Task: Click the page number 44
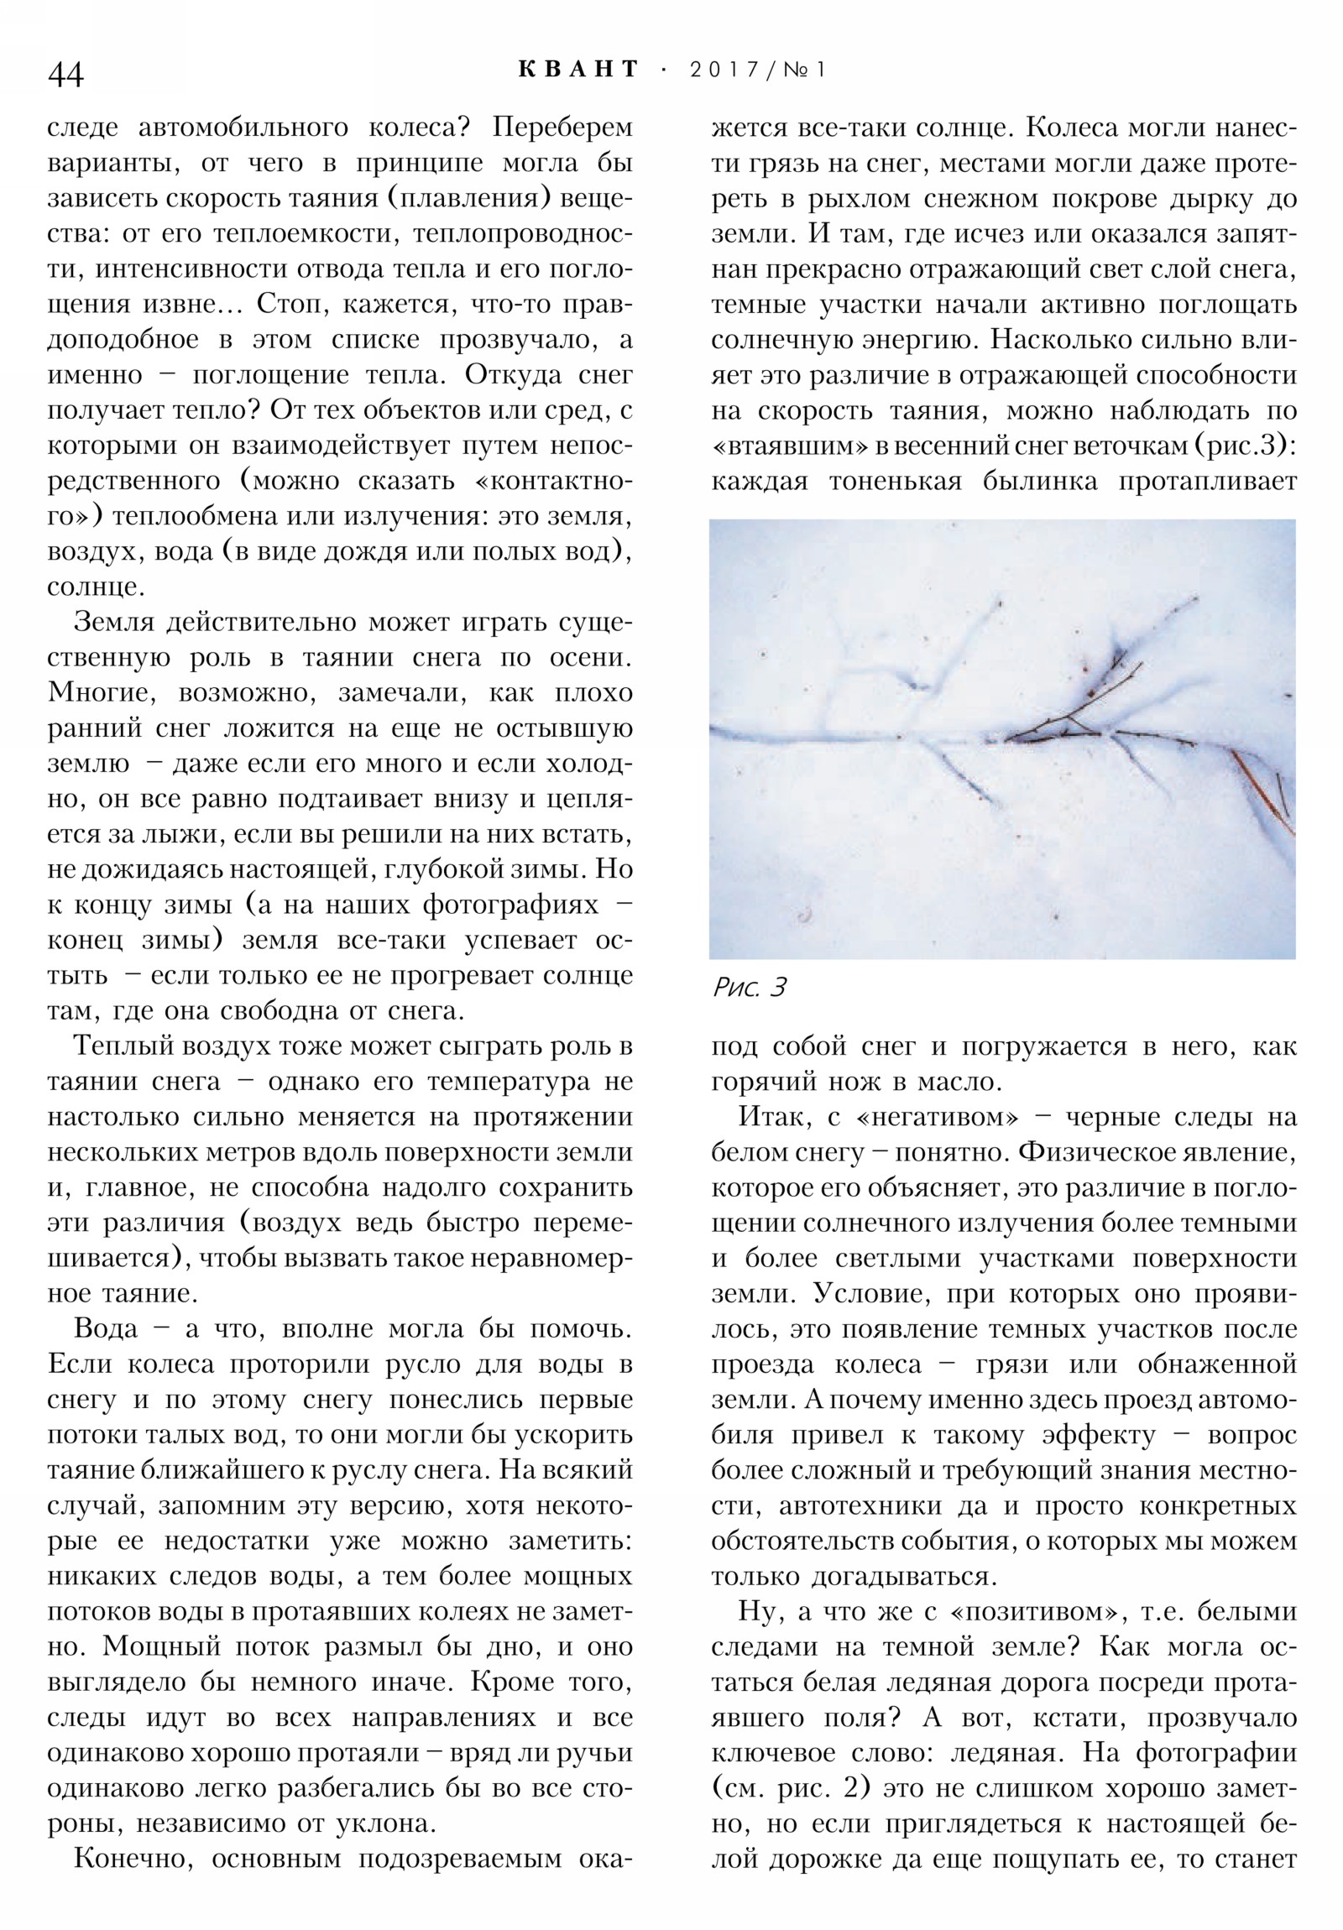click(x=65, y=75)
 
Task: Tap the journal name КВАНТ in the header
click(x=578, y=69)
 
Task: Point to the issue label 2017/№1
click(x=758, y=70)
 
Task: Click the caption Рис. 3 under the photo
click(x=749, y=988)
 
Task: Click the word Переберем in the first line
click(x=562, y=128)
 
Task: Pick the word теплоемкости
click(x=308, y=233)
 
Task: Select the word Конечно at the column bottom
click(x=134, y=1858)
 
